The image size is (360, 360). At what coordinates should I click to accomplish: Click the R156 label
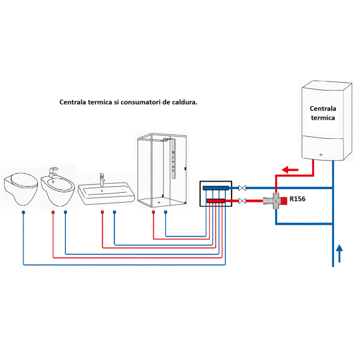(x=298, y=197)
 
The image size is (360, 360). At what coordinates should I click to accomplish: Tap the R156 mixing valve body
(x=276, y=201)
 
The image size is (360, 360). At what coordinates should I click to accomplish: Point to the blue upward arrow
(x=339, y=253)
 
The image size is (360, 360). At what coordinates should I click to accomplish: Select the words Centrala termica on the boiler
(x=322, y=113)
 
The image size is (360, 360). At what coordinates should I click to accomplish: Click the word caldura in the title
(x=185, y=102)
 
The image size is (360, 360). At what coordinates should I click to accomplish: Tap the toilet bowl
(x=21, y=188)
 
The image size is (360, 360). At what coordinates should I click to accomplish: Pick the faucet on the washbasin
(x=101, y=178)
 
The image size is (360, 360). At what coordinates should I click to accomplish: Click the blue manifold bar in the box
(x=216, y=188)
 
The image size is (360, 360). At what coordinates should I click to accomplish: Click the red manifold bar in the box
(x=216, y=201)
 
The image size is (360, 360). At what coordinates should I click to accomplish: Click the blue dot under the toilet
(x=24, y=212)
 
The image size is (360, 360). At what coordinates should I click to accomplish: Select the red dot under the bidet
(x=53, y=212)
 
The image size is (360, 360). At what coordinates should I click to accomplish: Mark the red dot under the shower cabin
(x=153, y=212)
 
